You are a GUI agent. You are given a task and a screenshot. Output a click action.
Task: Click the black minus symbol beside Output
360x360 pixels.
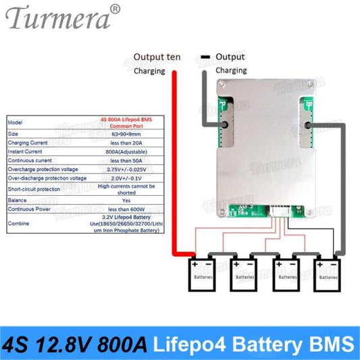203,56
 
